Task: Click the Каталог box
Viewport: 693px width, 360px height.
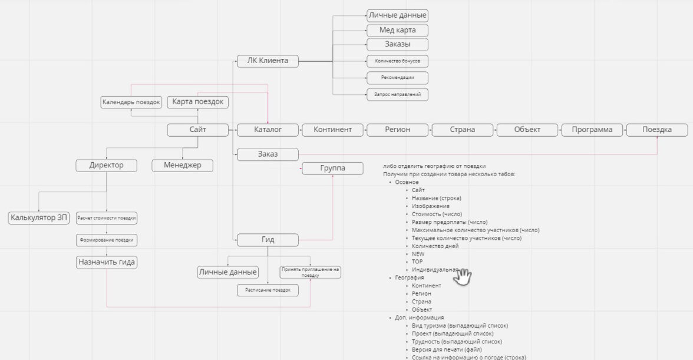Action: tap(268, 130)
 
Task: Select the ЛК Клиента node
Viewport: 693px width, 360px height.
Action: tap(268, 60)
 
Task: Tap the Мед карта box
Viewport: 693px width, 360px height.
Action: tap(397, 30)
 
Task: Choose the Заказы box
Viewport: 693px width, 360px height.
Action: tap(397, 44)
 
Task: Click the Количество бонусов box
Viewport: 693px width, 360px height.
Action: tap(397, 61)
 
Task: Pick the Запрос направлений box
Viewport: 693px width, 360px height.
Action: tap(397, 94)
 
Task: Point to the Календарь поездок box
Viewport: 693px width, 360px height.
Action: tap(131, 102)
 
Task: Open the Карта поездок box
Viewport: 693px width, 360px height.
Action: tap(198, 102)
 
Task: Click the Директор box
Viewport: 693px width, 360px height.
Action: tap(107, 165)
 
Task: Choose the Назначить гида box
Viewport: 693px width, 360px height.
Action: tap(107, 262)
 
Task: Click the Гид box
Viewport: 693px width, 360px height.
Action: tap(268, 240)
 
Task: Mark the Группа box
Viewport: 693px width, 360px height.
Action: tap(333, 169)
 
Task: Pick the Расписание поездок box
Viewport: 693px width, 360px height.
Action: tap(268, 290)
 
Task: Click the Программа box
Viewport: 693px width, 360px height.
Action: tap(592, 130)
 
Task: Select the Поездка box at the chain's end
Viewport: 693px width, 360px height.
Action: tap(656, 130)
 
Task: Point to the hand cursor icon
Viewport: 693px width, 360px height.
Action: tap(463, 276)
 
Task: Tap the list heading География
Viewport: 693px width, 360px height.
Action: tap(409, 278)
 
